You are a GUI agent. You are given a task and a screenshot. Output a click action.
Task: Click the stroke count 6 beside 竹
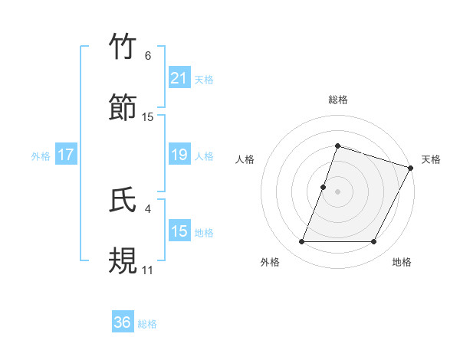[x=148, y=55]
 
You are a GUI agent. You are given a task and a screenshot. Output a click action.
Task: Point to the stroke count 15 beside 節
[x=148, y=116]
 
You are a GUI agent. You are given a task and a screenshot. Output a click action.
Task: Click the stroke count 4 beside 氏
[x=148, y=208]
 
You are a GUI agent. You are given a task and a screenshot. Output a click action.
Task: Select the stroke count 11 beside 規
[x=148, y=270]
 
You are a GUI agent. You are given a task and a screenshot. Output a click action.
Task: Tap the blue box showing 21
[x=179, y=78]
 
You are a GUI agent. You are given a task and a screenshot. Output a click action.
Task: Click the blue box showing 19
[x=179, y=155]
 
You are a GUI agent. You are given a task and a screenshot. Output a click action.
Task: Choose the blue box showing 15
[x=179, y=231]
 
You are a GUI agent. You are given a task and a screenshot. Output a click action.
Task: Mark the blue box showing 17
[x=66, y=155]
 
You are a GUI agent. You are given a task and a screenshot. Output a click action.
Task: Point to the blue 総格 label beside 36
[x=147, y=324]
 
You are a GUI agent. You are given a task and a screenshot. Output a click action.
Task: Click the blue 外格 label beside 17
[x=41, y=155]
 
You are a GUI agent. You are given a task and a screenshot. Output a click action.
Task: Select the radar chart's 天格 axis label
[x=431, y=159]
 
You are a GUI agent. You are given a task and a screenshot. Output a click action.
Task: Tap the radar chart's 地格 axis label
[x=402, y=262]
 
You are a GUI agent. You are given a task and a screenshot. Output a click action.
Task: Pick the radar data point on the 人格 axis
[x=324, y=187]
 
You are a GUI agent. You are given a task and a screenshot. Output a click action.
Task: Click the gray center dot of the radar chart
[x=337, y=191]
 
